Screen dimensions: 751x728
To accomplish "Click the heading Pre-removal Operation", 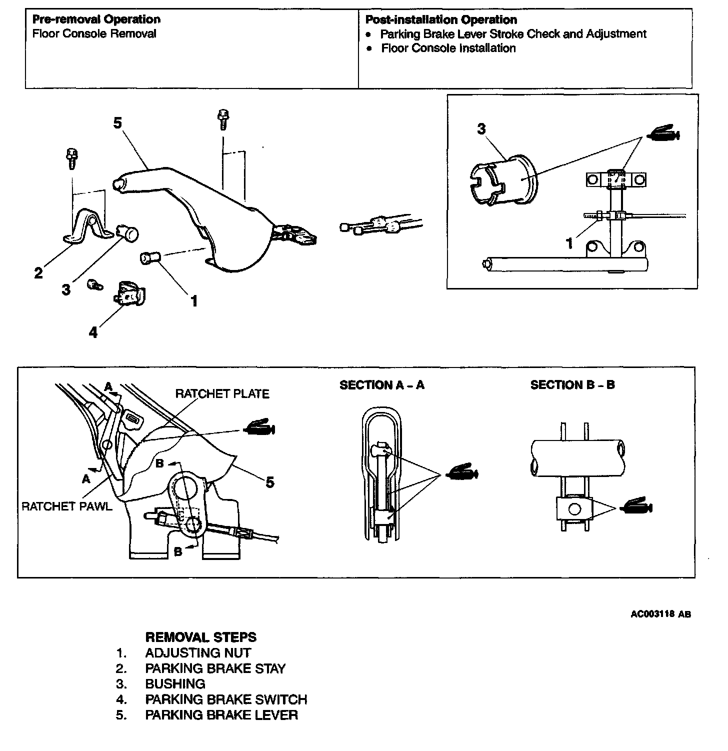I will click(x=96, y=19).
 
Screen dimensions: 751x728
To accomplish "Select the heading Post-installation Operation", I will click(x=440, y=20).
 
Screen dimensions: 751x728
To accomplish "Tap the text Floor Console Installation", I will click(x=448, y=48).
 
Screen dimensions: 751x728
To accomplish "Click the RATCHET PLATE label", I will click(x=222, y=394).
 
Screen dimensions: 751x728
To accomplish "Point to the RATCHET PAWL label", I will click(x=67, y=506).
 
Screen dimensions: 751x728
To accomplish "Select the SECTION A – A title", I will click(x=381, y=385).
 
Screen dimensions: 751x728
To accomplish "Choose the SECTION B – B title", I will click(x=572, y=385).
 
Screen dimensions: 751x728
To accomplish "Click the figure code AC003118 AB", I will click(x=660, y=614).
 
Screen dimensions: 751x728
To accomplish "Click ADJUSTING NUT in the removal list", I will click(x=198, y=653).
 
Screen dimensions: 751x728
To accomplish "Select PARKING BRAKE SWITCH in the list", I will click(x=226, y=699).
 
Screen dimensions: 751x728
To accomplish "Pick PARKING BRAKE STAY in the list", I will click(x=215, y=668).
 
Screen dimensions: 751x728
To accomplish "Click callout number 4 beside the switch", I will click(x=93, y=332).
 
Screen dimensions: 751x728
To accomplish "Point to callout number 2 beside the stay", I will click(x=38, y=273).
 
